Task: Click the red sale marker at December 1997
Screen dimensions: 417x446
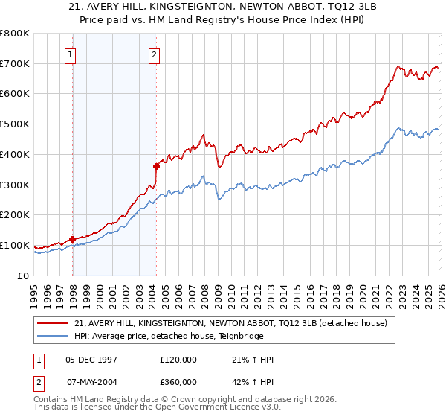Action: [73, 239]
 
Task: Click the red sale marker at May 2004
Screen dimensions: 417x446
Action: [156, 166]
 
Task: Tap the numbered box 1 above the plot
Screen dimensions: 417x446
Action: [70, 54]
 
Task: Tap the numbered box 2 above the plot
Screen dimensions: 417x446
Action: [153, 54]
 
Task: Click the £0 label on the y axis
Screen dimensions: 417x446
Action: [22, 276]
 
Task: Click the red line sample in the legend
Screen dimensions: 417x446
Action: [53, 323]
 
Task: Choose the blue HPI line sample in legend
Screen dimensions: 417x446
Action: [53, 336]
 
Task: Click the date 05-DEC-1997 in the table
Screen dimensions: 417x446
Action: [91, 359]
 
